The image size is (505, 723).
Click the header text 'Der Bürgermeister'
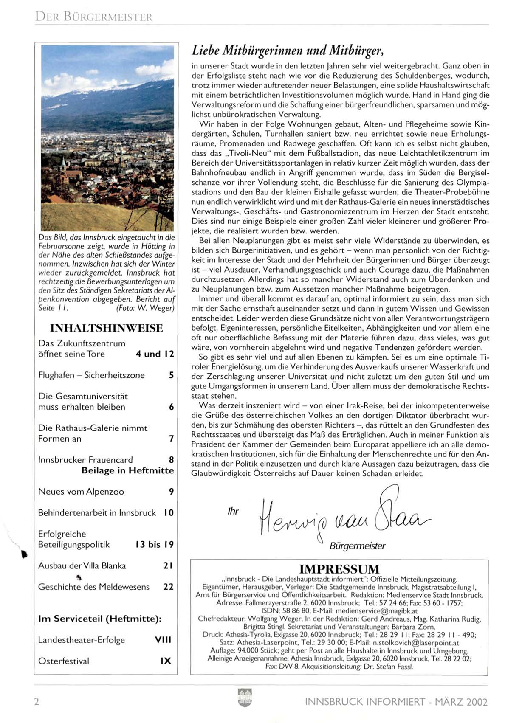94,17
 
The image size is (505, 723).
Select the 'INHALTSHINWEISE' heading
106,328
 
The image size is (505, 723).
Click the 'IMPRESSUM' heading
339,569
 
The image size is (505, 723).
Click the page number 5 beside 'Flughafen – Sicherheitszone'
171,375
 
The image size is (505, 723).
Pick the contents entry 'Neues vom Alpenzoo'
81,492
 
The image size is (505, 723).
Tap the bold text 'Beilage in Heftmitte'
127,470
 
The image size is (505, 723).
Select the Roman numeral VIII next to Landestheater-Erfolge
163,640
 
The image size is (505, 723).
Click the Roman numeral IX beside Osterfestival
166,661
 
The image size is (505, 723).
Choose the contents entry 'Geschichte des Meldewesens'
94,587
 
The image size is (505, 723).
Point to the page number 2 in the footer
37,701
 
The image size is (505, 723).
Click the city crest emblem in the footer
245,698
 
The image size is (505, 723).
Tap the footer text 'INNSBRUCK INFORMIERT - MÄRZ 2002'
396,702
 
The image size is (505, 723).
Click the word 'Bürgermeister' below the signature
357,546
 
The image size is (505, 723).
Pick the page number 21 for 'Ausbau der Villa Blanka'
168,565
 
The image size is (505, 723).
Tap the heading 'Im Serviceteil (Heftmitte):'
100,619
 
